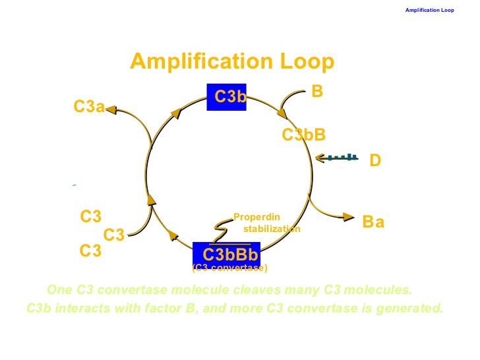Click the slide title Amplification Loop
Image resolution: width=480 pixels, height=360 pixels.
coord(232,62)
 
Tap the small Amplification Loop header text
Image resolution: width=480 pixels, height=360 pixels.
coord(429,10)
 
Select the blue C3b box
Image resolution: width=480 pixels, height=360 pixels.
coord(226,97)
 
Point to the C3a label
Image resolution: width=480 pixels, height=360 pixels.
coord(88,107)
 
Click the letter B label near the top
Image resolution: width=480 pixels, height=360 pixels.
coord(317,92)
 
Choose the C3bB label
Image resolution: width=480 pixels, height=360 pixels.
coord(304,135)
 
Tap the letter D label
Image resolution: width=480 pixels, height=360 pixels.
coord(375,160)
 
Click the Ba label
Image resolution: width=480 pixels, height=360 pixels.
coord(373,223)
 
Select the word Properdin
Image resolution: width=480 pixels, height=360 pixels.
coord(257,217)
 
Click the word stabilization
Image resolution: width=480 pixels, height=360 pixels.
coord(272,229)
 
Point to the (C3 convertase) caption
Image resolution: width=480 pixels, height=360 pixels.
coord(229,268)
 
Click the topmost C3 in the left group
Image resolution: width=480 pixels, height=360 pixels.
coord(91,217)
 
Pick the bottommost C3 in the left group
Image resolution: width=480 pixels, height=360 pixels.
coord(90,251)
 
